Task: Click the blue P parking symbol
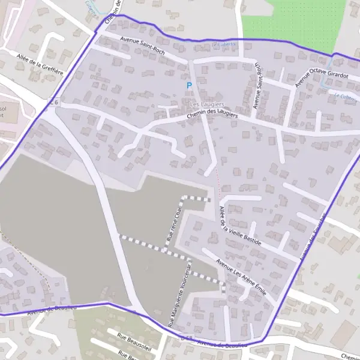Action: pyautogui.click(x=189, y=86)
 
